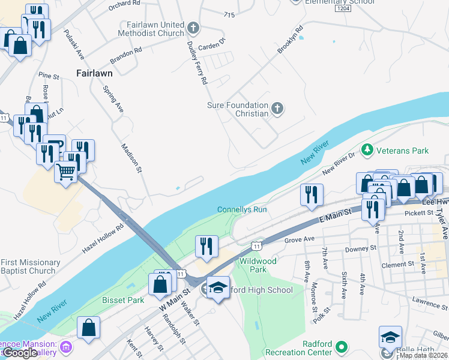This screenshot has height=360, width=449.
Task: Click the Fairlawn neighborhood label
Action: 95,73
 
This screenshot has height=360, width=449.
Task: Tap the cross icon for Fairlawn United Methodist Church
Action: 193,28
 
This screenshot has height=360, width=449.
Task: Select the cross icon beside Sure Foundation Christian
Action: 277,109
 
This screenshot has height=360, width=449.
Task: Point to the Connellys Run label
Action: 242,210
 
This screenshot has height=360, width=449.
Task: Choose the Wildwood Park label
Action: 258,265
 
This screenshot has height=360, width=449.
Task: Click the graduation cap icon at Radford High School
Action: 219,287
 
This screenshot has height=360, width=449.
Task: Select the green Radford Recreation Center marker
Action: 342,347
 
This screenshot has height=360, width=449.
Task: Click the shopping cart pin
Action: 66,172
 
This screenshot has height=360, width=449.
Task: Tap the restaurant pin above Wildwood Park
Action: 205,245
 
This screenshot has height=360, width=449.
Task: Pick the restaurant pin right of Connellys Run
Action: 311,194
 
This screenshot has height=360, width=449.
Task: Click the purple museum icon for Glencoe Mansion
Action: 65,347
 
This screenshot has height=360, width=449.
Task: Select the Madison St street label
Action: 131,158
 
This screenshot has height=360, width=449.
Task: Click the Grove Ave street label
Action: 300,239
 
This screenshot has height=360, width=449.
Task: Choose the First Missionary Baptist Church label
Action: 30,266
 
